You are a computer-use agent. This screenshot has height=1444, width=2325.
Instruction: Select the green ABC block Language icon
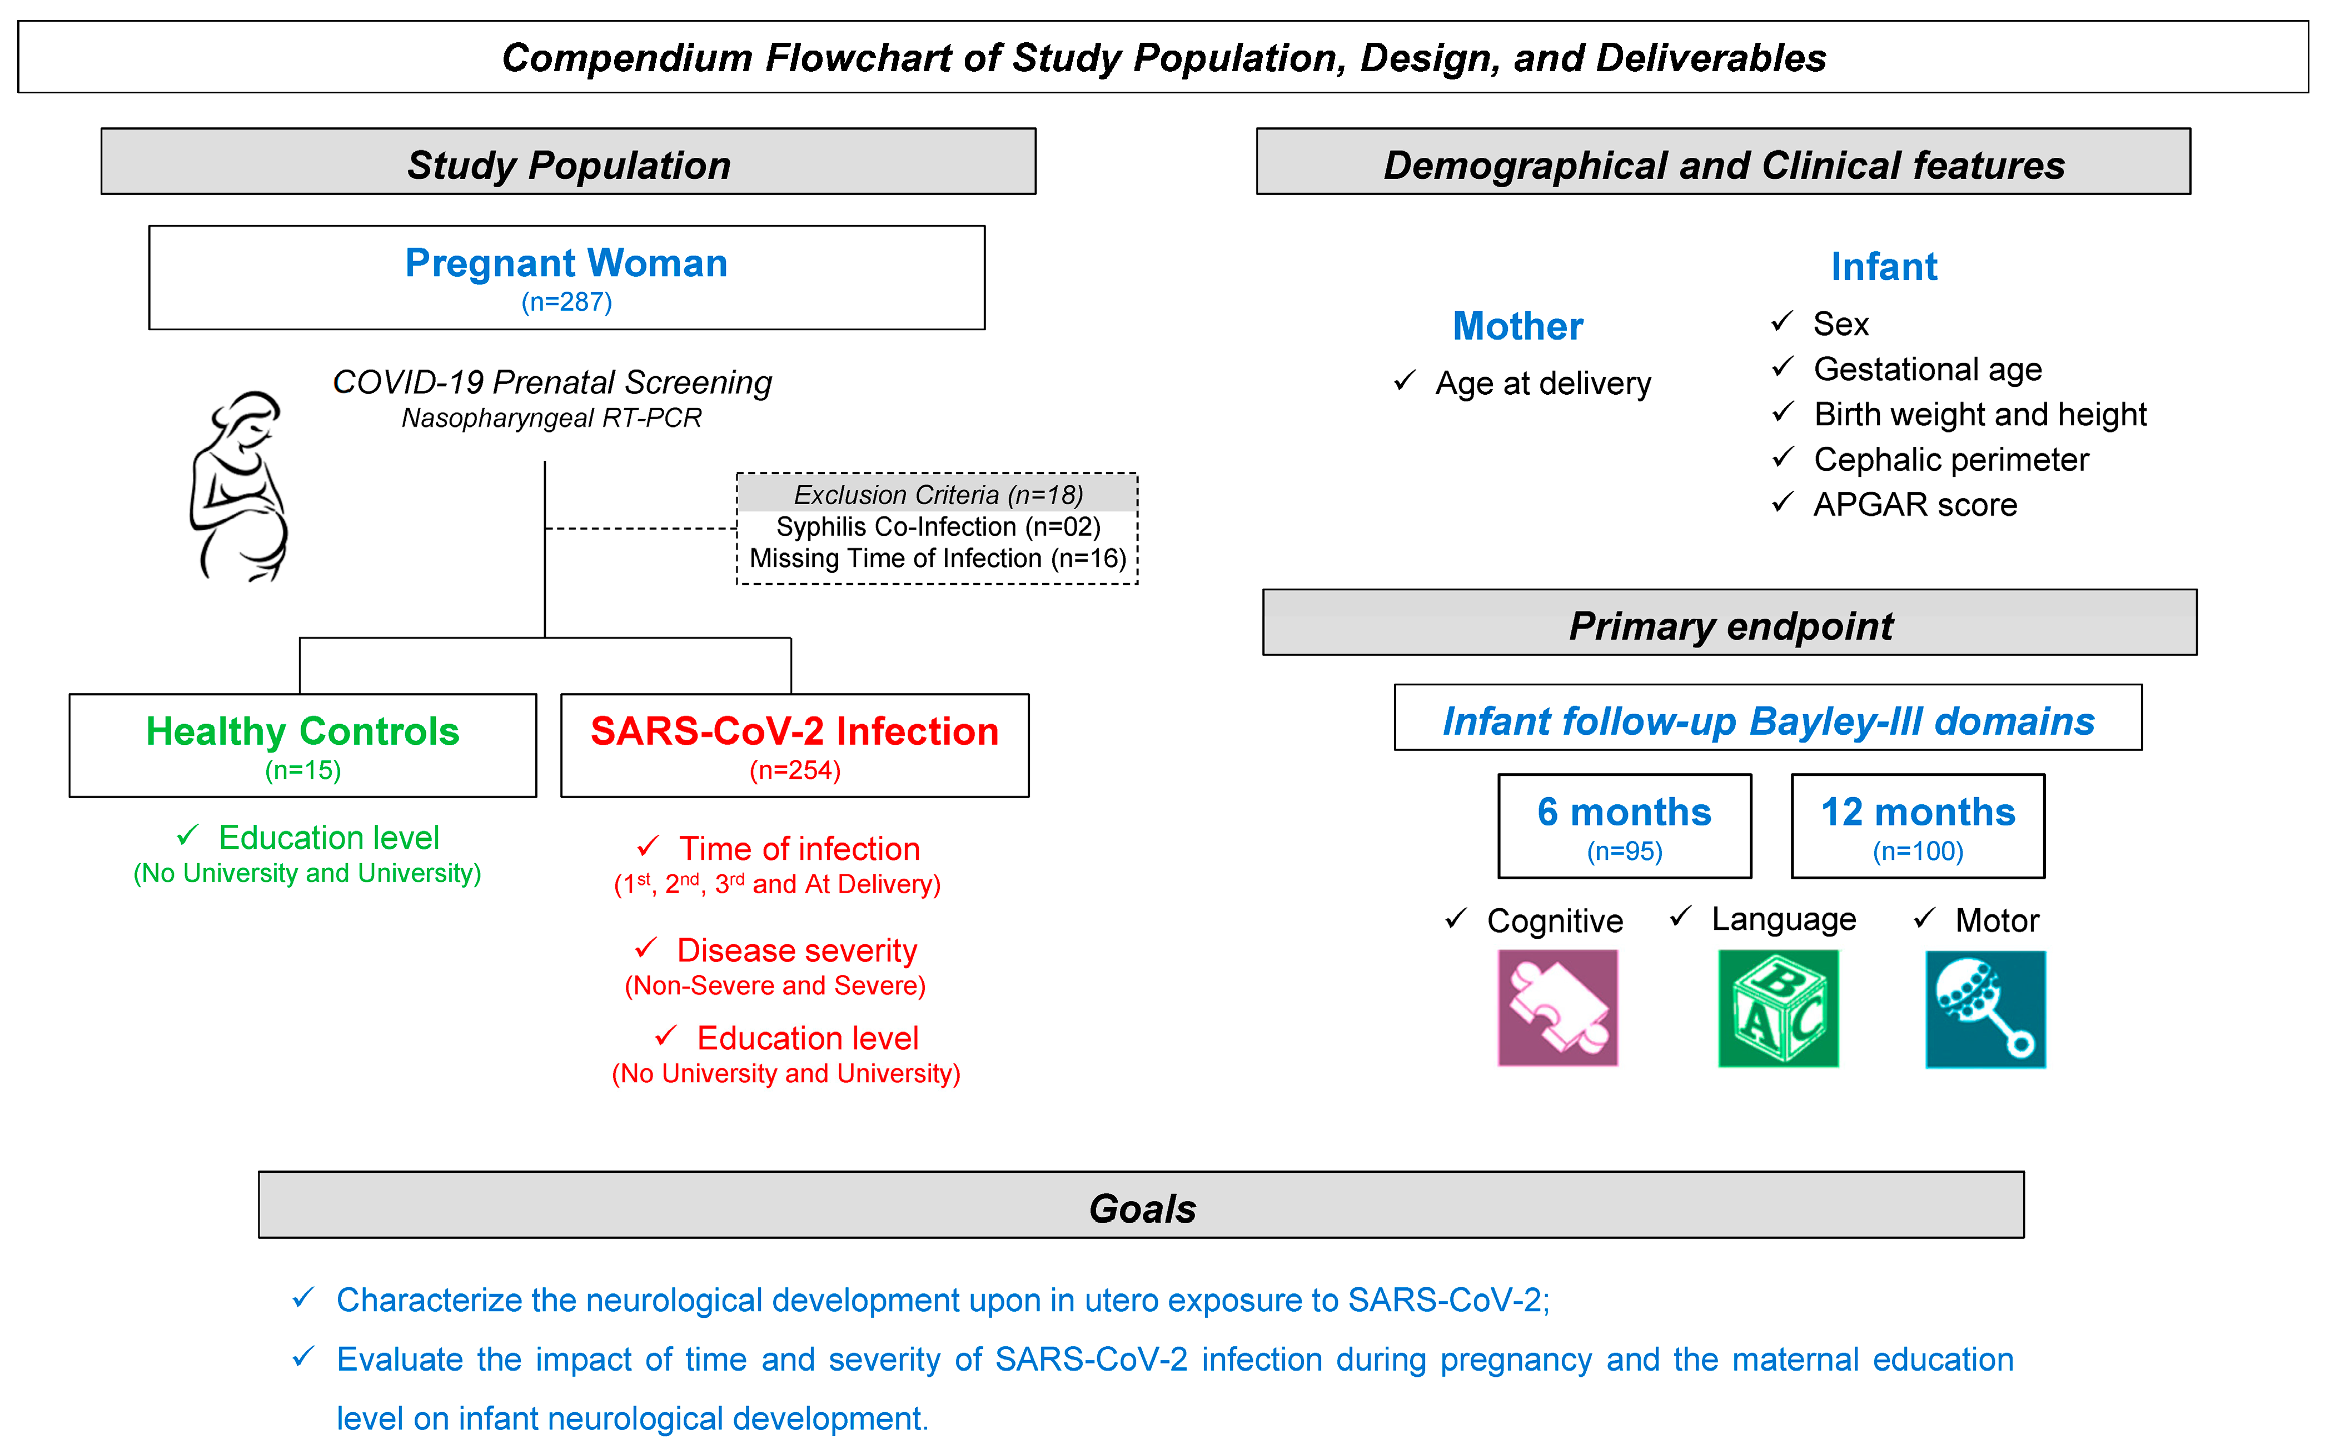tap(1778, 1008)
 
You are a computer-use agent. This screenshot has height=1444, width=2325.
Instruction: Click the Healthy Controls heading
tap(303, 731)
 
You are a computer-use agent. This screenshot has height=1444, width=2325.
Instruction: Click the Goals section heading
tap(1142, 1208)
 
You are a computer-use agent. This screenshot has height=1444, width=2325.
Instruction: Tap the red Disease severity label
tap(796, 950)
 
